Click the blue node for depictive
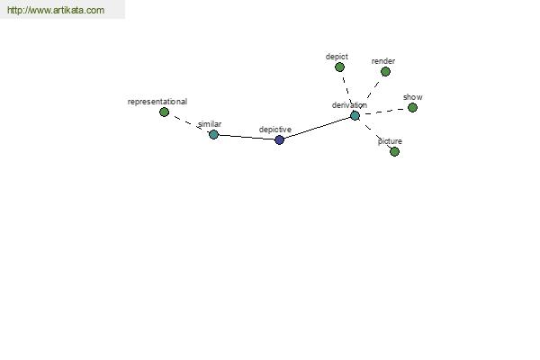tap(279, 139)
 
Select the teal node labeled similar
tap(213, 134)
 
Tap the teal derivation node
tap(355, 116)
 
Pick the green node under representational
tap(165, 112)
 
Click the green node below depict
tap(339, 67)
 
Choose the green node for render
tap(385, 72)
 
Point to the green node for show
tap(412, 108)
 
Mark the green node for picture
tap(394, 151)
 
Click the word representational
tap(157, 102)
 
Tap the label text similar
tap(210, 124)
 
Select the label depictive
tap(275, 130)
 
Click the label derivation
tap(349, 105)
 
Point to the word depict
tap(337, 57)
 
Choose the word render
tap(383, 61)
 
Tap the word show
tap(413, 97)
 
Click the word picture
tap(390, 141)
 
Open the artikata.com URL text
tap(56, 10)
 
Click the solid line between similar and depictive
tap(247, 137)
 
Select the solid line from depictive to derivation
tap(317, 128)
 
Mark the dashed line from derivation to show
tap(383, 112)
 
